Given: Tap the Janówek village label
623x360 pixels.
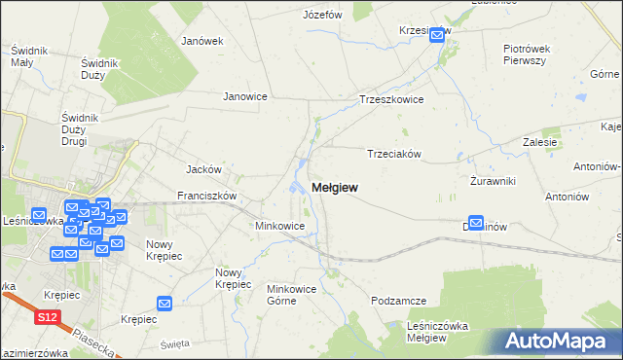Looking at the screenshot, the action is [202, 41].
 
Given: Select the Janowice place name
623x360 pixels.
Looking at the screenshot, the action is [245, 96].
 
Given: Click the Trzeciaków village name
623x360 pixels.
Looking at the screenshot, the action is [393, 154].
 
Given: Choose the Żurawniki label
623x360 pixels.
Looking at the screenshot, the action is [492, 181].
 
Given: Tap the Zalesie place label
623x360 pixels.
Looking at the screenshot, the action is [539, 141].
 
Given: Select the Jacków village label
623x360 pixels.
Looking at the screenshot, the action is [204, 168].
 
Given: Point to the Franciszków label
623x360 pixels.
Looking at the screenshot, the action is [207, 195].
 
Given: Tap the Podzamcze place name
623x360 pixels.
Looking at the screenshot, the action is [399, 302].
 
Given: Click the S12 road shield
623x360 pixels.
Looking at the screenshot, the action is [48, 317].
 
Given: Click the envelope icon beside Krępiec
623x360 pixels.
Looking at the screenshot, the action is [164, 305].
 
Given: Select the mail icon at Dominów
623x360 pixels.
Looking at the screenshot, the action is [476, 223].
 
